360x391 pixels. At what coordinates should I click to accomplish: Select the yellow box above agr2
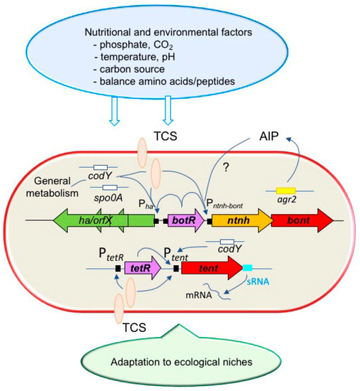tap(285, 191)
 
